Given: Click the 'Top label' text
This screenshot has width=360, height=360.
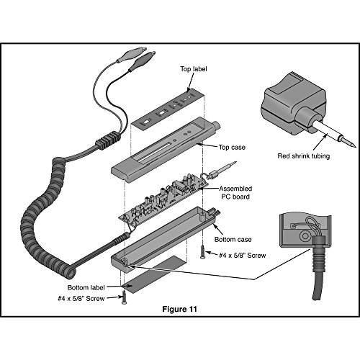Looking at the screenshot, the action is (x=194, y=69).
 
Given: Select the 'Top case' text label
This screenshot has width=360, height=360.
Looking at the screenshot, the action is (x=232, y=147).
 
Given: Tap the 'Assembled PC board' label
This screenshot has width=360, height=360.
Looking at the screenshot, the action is (x=235, y=192).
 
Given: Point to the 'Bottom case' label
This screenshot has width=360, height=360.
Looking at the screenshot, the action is (x=233, y=239).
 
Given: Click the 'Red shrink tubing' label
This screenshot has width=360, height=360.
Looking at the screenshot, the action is (x=304, y=156).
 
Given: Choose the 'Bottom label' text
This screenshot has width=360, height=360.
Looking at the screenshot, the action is (x=86, y=287).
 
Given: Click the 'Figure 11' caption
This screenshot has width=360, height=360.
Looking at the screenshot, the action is (x=179, y=309).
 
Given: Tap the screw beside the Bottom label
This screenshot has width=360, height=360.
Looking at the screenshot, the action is (x=124, y=297).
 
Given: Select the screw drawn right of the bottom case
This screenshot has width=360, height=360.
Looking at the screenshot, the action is (x=203, y=252).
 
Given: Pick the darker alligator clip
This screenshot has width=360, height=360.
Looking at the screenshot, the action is (x=142, y=61).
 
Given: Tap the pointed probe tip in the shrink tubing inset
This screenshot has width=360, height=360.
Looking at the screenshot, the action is (x=347, y=142).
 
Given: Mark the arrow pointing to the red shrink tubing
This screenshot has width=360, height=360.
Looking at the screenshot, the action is (x=320, y=143).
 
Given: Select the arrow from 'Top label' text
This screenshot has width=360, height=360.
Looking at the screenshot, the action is (x=191, y=82).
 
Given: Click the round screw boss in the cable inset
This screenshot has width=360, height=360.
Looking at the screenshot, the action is (x=305, y=235).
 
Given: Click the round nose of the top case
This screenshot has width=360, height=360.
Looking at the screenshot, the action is (x=217, y=125).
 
